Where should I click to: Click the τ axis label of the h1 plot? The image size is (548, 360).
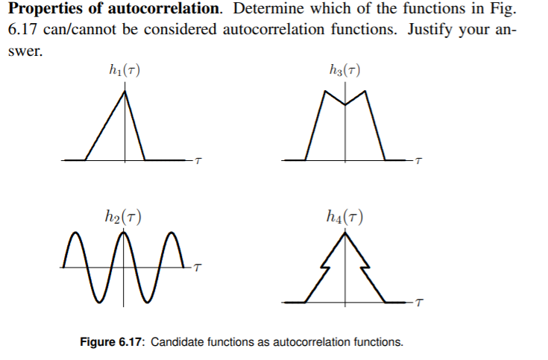[198, 161]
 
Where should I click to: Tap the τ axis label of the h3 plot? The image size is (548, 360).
[419, 161]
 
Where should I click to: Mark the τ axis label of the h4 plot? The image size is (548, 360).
[419, 303]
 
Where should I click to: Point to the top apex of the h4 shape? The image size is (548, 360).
[344, 235]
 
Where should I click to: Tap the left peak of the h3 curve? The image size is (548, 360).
[326, 92]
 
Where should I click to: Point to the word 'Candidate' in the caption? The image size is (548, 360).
[187, 342]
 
